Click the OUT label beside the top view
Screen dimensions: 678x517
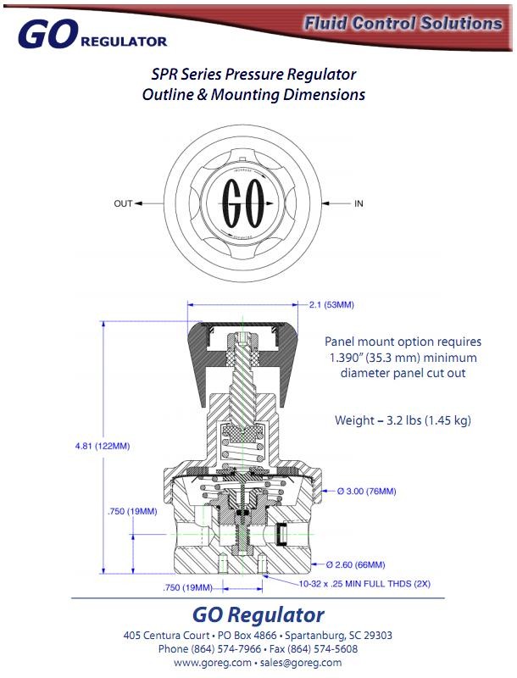tap(124, 203)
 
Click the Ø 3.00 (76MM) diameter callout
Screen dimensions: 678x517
tap(366, 491)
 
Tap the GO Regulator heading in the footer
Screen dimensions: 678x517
tap(258, 614)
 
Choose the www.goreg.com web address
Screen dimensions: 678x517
tap(213, 663)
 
